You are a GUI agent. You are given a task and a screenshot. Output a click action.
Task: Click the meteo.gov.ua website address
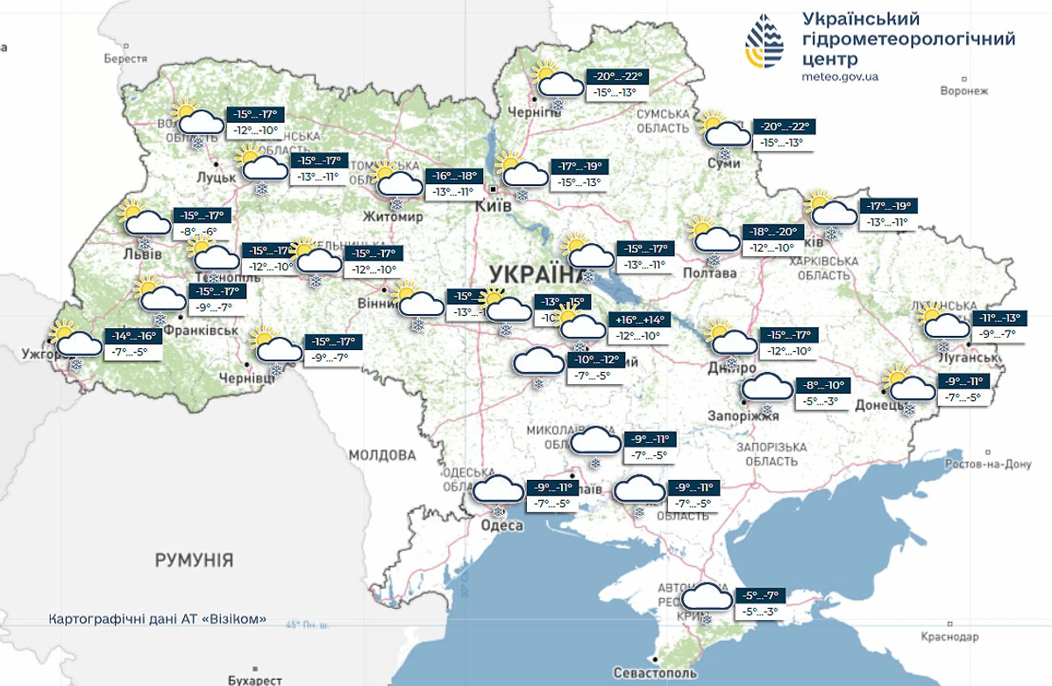(840, 77)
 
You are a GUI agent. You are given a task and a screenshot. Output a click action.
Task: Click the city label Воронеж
(963, 90)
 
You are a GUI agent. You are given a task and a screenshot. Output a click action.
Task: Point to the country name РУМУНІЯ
(194, 560)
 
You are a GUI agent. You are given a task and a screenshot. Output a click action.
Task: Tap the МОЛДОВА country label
(382, 455)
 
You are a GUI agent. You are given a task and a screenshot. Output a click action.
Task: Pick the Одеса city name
(502, 525)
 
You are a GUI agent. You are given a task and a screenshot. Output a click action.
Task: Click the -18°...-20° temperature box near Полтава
(772, 232)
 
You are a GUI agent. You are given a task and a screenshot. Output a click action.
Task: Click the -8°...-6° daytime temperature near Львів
(197, 232)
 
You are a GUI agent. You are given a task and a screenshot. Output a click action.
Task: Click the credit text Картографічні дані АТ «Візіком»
(158, 619)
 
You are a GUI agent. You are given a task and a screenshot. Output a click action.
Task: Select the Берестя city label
(124, 58)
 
